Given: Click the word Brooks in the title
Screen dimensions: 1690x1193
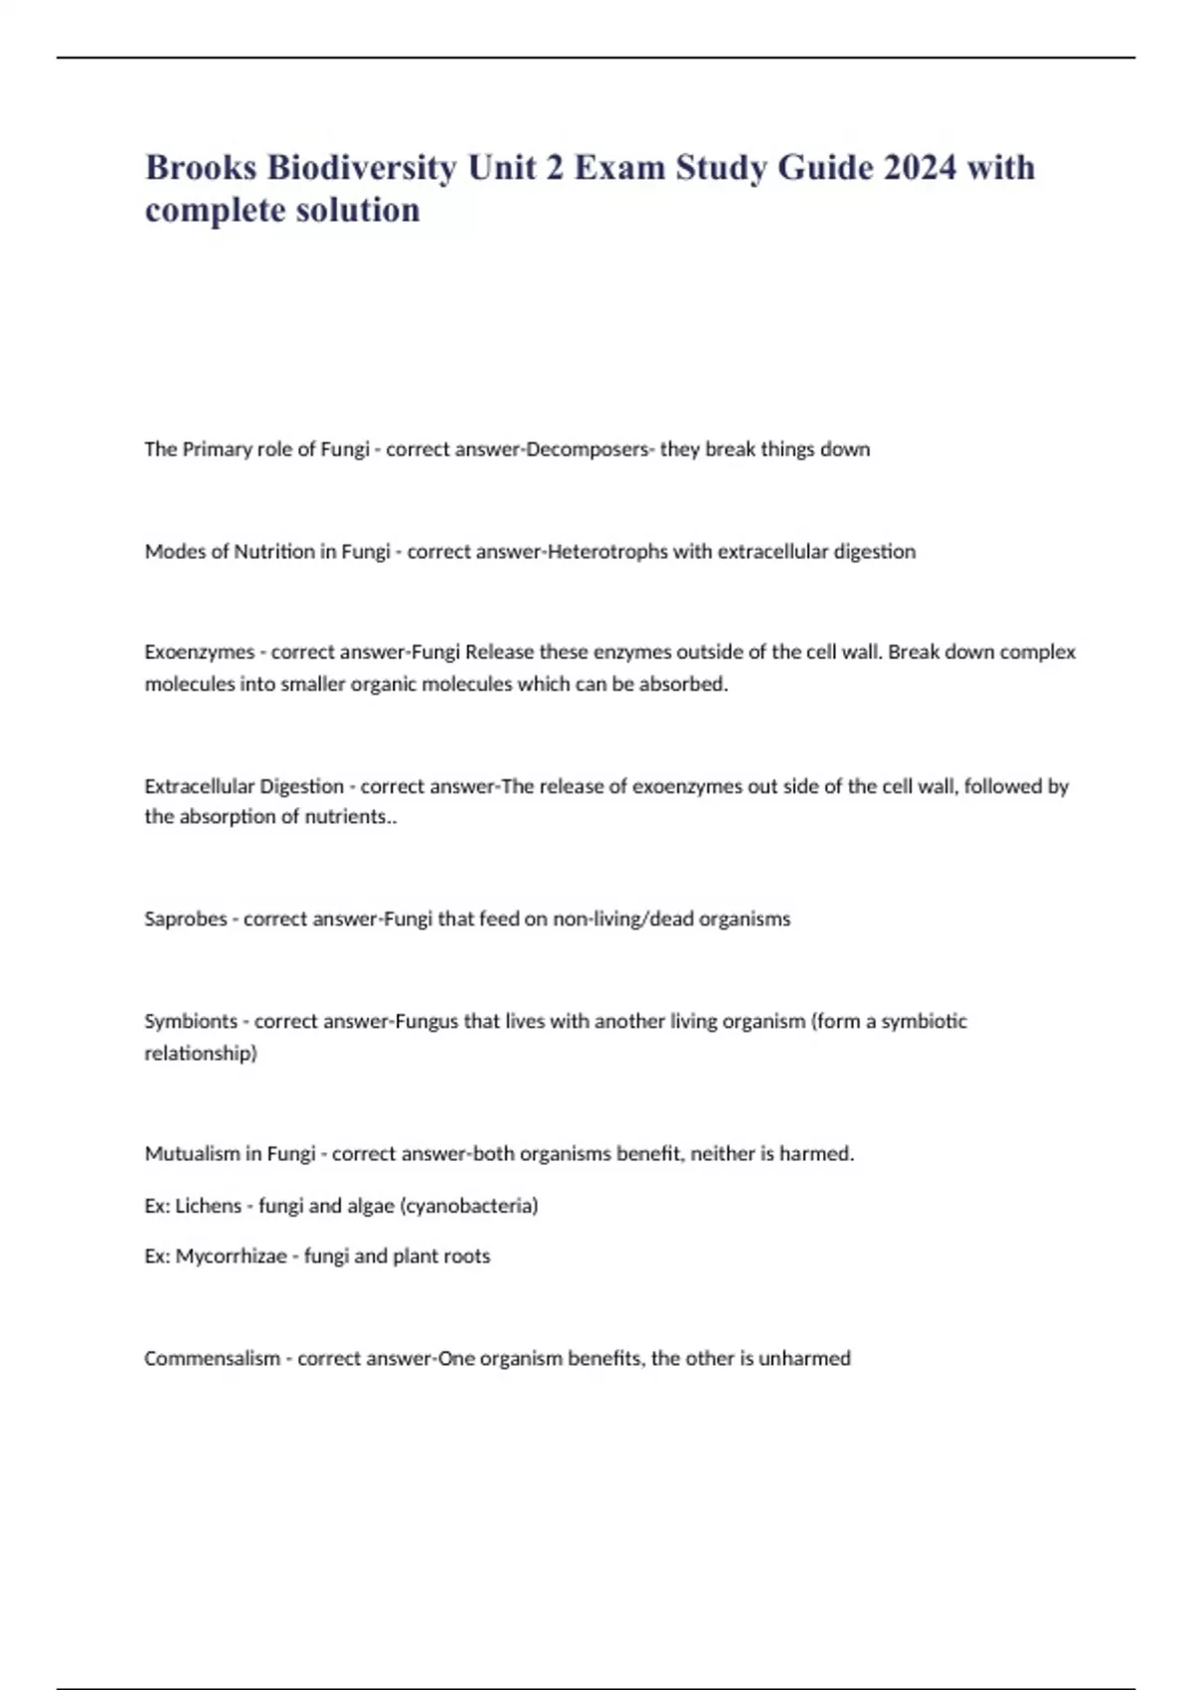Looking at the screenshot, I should (200, 167).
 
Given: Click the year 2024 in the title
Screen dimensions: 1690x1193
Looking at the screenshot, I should (920, 167).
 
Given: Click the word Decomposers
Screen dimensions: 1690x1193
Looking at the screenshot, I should (586, 449).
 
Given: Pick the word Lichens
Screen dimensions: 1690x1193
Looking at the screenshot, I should (209, 1206).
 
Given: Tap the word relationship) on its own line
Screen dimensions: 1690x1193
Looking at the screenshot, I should (201, 1053).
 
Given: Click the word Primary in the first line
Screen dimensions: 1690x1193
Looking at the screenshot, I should (218, 449).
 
